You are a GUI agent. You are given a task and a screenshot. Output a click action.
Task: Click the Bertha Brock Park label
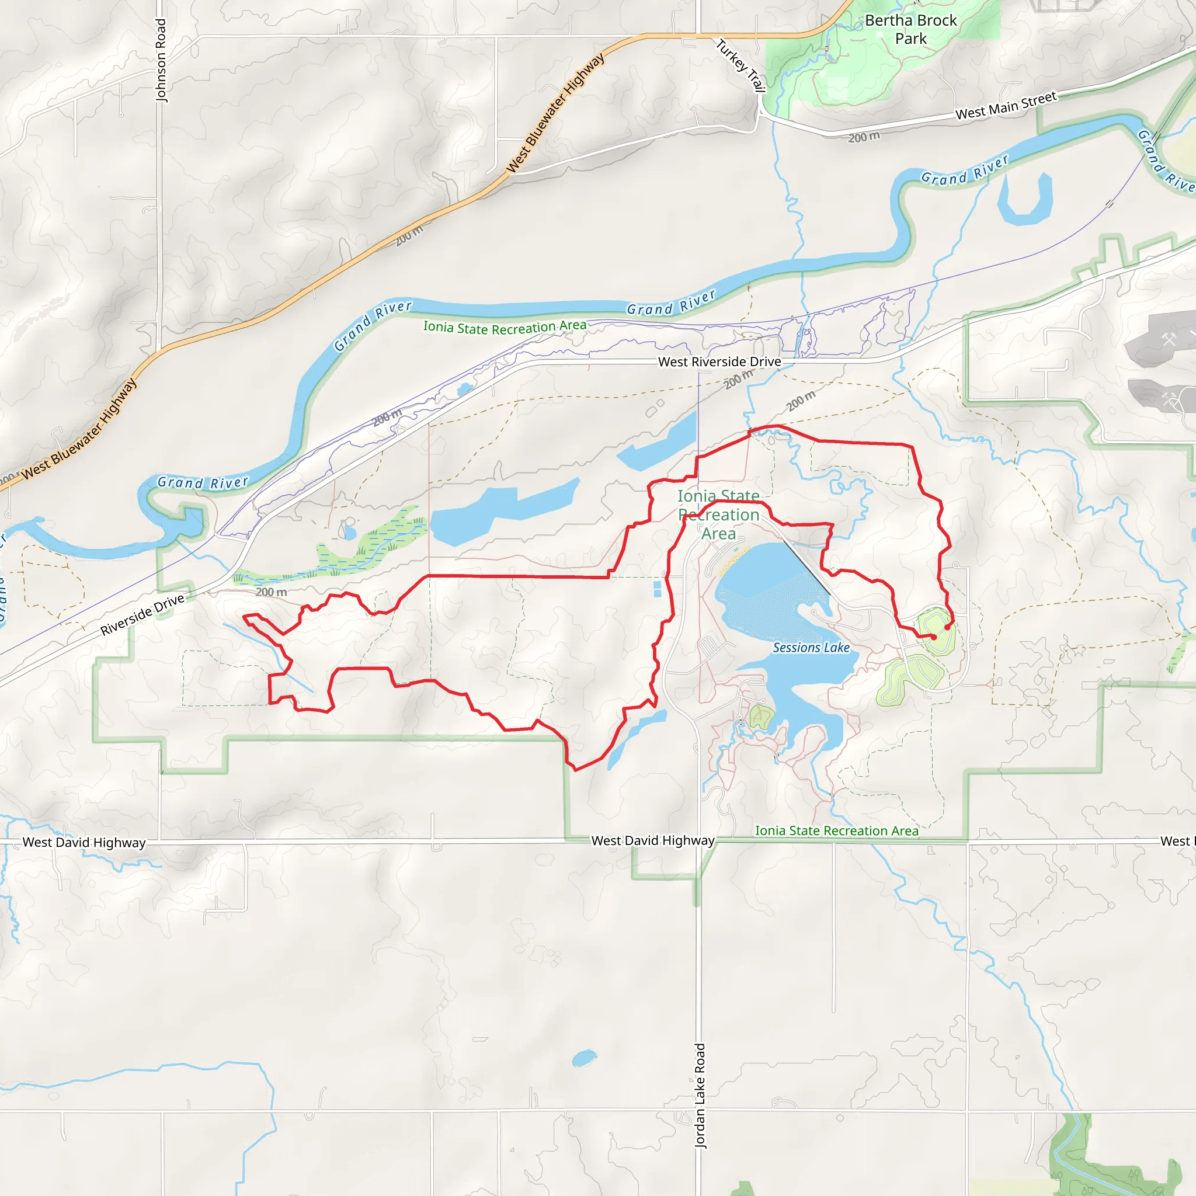tap(910, 29)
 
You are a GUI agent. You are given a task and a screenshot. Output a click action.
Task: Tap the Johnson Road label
tap(161, 60)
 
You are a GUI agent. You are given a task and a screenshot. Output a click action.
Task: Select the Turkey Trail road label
tap(741, 65)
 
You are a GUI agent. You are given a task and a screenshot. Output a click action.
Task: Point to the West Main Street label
tap(1006, 106)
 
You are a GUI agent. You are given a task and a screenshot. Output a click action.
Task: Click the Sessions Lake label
tap(811, 648)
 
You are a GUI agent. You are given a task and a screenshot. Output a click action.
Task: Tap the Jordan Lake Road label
tap(700, 1096)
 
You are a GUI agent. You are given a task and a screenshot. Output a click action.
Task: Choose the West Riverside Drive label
tap(719, 361)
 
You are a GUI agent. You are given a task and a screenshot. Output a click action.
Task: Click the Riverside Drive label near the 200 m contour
tap(142, 615)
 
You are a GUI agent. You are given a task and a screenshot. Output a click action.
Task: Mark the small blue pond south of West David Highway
tap(584, 1058)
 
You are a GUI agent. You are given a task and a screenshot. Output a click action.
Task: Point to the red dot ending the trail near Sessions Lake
tap(934, 637)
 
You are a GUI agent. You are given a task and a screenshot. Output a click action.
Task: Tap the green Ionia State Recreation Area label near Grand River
tap(505, 327)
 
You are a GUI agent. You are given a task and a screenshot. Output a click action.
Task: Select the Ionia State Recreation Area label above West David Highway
tap(836, 831)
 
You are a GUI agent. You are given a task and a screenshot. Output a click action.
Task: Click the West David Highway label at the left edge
tap(84, 843)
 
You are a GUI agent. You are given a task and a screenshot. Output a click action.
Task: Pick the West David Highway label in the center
tap(652, 841)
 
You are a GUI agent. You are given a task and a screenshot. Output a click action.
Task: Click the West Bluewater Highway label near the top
tap(555, 113)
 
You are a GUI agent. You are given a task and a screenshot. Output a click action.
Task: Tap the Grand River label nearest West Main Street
tap(965, 169)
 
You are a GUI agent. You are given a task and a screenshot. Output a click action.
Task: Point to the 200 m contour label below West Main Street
tap(864, 137)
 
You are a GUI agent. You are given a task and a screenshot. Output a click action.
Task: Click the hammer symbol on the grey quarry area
tap(1168, 339)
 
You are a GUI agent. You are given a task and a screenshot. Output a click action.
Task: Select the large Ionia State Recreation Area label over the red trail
tap(718, 514)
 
